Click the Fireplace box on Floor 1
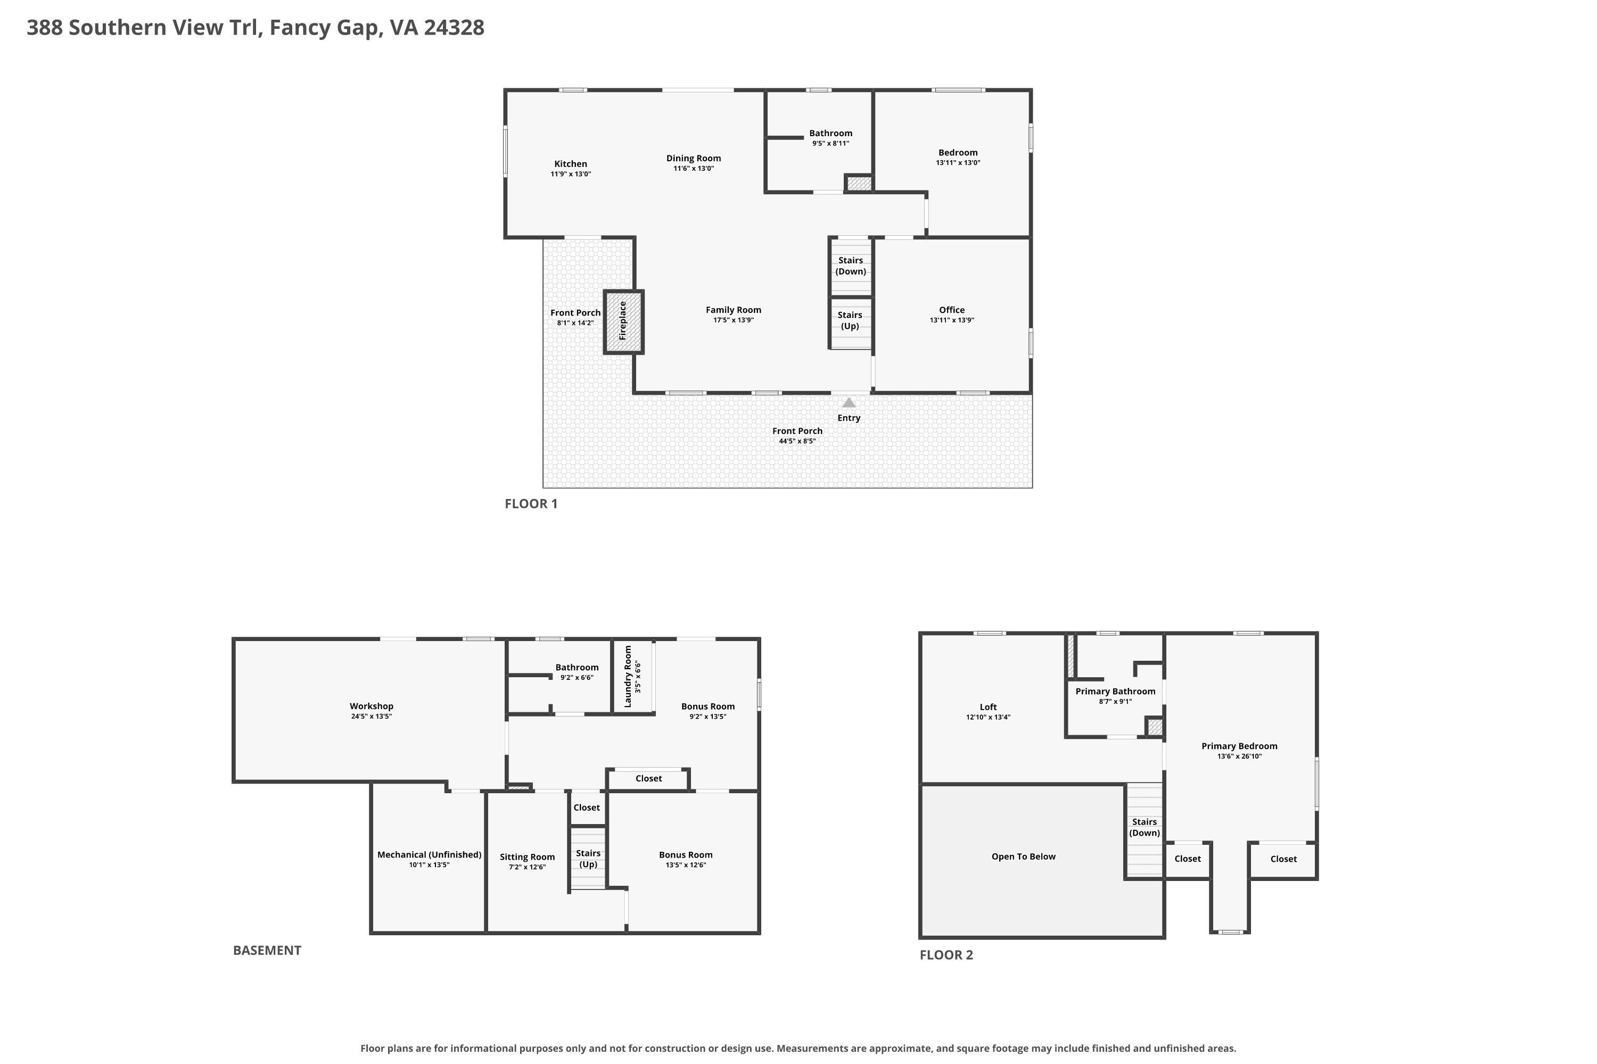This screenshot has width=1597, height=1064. coord(623,322)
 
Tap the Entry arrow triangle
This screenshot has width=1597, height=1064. coord(849,402)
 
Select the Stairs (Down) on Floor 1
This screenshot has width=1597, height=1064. coord(851,266)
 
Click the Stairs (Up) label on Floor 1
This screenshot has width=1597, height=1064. coord(850,320)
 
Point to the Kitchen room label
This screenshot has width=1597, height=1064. coord(570,163)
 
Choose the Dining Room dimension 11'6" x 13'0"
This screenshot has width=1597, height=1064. coord(693,168)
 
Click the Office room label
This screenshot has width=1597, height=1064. coord(952,310)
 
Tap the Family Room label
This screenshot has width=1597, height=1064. coord(734,310)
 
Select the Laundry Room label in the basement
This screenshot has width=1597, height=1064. coord(628,677)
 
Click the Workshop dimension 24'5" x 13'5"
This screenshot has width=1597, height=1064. coord(372,716)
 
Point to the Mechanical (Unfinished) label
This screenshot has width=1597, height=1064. coord(429,854)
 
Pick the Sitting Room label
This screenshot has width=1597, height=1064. coord(528,857)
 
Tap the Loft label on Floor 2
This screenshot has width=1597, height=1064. coord(988,706)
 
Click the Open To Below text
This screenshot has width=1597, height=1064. coord(1023,857)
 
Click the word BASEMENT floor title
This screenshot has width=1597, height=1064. coord(267,950)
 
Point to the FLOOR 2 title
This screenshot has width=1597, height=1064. coord(946,955)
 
